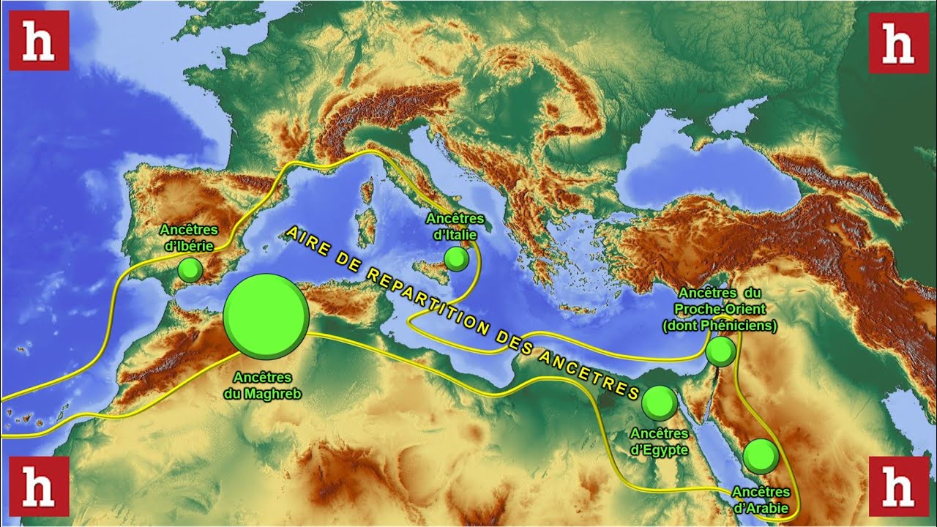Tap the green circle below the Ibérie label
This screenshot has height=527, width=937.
[x=190, y=270]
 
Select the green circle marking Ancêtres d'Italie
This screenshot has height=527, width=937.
[x=456, y=258]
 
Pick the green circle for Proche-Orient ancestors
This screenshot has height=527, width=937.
[x=721, y=352]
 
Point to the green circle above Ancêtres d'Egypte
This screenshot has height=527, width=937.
[x=660, y=403]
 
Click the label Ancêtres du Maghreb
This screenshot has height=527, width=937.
[x=262, y=385]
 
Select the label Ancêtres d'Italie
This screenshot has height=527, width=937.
[x=455, y=226]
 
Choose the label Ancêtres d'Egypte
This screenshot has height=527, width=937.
[x=659, y=441]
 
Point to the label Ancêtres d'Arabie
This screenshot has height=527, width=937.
[x=761, y=500]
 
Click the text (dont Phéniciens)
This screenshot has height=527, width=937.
[x=720, y=326]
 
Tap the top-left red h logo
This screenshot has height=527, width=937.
[x=39, y=41]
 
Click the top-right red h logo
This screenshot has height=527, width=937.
[x=898, y=43]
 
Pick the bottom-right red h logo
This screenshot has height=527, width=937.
[x=898, y=485]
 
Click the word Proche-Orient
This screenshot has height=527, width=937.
[x=720, y=310]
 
